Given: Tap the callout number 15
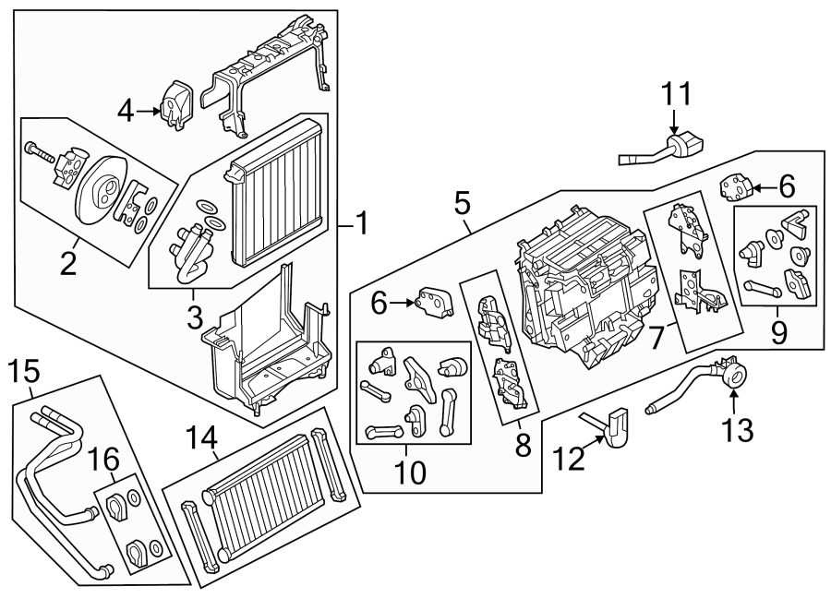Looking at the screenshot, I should (x=25, y=372).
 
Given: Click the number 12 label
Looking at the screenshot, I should (x=570, y=458).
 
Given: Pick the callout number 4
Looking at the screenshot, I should (x=126, y=113).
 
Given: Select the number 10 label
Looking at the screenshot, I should (x=410, y=472).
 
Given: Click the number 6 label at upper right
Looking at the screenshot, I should (x=786, y=186).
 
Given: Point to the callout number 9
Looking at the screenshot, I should (x=779, y=331).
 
